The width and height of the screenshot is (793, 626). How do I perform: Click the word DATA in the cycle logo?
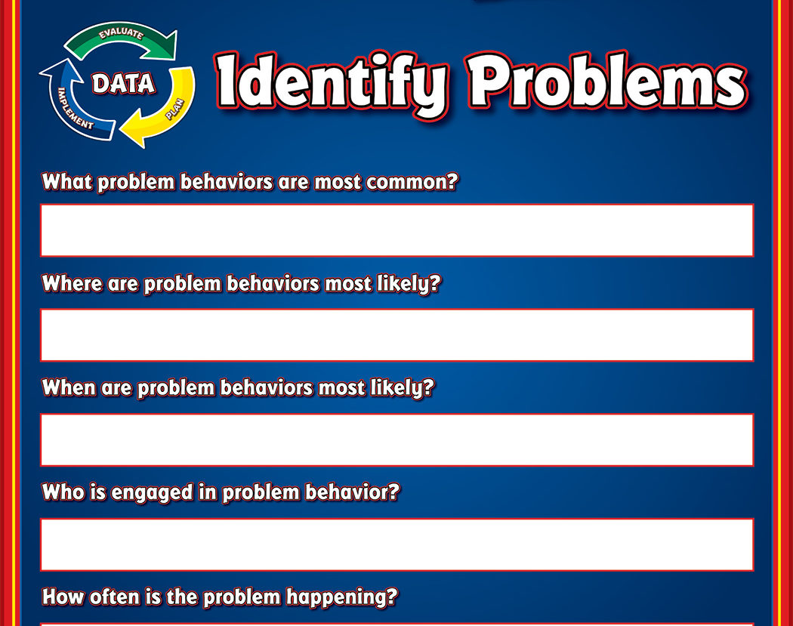coord(123,83)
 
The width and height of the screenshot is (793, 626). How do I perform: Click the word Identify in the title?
coord(332,83)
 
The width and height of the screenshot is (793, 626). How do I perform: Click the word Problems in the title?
coord(606,80)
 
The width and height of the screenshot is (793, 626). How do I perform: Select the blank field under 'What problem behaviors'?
coord(397,230)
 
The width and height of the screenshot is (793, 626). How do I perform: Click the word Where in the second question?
coord(72,283)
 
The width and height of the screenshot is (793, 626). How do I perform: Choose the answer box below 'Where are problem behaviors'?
coord(397,335)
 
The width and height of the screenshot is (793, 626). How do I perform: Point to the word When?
coord(69,388)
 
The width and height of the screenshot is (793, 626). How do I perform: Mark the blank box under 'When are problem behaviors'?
coord(397,439)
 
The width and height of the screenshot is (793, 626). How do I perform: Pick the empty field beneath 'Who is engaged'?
coord(397,544)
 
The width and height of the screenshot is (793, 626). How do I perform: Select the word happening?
coord(336,598)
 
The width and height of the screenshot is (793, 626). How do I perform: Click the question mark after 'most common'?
coord(453,181)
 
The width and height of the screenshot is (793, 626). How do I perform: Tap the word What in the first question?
coord(66,182)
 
